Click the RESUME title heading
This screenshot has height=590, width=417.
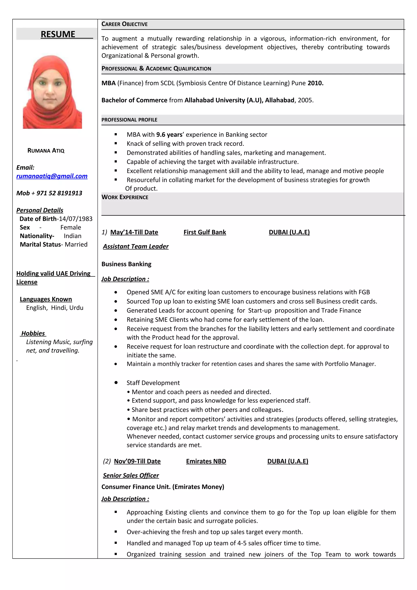58,34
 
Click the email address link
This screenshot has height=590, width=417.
52,176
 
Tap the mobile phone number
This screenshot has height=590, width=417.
59,193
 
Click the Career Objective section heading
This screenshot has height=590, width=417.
124,24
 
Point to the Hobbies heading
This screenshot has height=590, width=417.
33,333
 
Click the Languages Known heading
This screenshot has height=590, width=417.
46,299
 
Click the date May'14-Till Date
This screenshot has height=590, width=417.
134,232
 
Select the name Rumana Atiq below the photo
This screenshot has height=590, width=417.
46,151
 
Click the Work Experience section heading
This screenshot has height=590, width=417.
125,197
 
